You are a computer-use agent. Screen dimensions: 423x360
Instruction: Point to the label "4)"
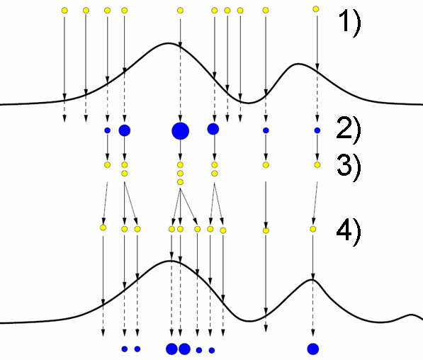pyautogui.click(x=349, y=232)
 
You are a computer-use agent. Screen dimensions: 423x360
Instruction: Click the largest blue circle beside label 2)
pyautogui.click(x=180, y=131)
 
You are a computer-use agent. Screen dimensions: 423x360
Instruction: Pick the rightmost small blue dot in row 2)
pyautogui.click(x=317, y=130)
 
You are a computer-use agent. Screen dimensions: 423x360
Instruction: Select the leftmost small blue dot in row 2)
pyautogui.click(x=108, y=130)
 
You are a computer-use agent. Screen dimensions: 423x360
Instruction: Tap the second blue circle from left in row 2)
pyautogui.click(x=125, y=130)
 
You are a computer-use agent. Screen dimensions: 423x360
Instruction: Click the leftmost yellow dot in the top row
pyautogui.click(x=64, y=11)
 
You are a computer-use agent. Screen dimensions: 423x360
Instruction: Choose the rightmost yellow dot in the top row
pyautogui.click(x=316, y=9)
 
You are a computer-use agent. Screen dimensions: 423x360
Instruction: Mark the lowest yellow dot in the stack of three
pyautogui.click(x=180, y=182)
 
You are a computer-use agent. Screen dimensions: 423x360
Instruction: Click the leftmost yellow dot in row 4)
pyautogui.click(x=103, y=227)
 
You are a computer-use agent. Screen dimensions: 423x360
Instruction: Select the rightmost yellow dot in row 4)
pyautogui.click(x=313, y=229)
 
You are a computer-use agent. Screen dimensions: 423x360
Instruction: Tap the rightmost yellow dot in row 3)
pyautogui.click(x=317, y=164)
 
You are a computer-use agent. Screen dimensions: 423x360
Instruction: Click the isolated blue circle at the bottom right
pyautogui.click(x=313, y=349)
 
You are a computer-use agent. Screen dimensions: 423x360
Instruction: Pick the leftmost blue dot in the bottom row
pyautogui.click(x=125, y=349)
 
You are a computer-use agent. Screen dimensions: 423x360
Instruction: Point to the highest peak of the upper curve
pyautogui.click(x=169, y=43)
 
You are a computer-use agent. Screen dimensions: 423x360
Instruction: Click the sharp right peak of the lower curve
pyautogui.click(x=312, y=280)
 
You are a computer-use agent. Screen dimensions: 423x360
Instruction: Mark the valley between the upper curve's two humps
pyautogui.click(x=248, y=103)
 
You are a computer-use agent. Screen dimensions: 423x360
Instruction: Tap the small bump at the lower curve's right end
pyautogui.click(x=411, y=315)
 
